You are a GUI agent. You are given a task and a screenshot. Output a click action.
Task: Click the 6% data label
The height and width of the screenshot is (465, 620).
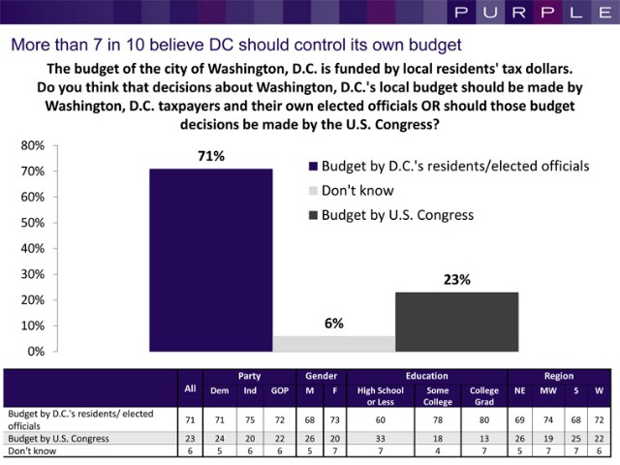[x=334, y=323]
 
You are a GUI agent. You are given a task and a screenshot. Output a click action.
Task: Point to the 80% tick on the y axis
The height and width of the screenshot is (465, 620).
[x=32, y=146]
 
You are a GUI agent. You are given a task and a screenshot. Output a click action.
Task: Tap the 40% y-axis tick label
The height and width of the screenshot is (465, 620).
[x=32, y=249]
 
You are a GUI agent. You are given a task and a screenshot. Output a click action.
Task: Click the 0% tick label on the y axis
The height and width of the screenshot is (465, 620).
[x=35, y=352]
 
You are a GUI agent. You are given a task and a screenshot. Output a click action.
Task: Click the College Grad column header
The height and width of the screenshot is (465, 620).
[x=483, y=396]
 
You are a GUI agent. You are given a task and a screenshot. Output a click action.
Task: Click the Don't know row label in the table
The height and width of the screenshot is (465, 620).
[x=28, y=449]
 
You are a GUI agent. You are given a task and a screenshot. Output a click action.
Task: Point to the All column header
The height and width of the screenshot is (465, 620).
[x=190, y=388]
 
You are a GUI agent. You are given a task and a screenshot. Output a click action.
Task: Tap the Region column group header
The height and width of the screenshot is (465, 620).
[x=559, y=376]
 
